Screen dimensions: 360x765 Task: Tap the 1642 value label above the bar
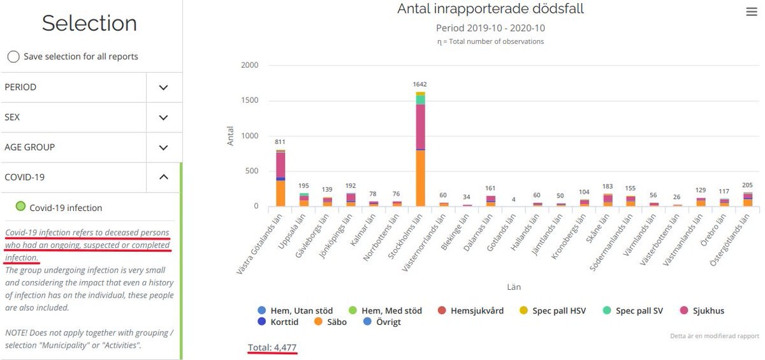click(x=419, y=84)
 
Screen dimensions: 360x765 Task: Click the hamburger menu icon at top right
click(x=752, y=12)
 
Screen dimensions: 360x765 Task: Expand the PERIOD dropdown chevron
click(x=164, y=87)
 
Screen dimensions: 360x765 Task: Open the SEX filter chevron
click(x=164, y=117)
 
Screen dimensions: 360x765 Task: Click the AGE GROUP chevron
click(x=164, y=147)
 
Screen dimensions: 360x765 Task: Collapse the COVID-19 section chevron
click(x=164, y=177)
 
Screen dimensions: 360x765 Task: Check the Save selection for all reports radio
click(x=13, y=57)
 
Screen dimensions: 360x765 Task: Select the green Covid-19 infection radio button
click(x=21, y=206)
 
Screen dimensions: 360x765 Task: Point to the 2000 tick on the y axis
click(x=250, y=65)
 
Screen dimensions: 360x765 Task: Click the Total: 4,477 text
click(x=272, y=347)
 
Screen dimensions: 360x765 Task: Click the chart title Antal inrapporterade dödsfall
click(x=490, y=9)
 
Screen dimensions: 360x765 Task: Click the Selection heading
click(x=89, y=23)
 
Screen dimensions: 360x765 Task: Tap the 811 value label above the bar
click(x=280, y=141)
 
